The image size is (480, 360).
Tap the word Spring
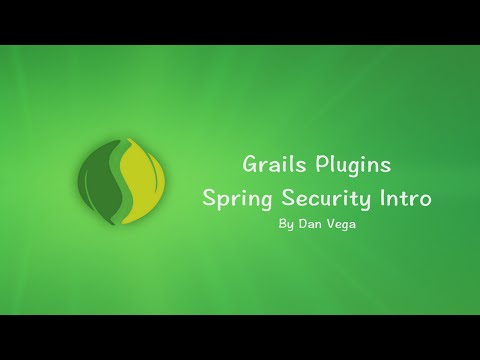[x=236, y=199]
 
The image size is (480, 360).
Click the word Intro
[x=406, y=198]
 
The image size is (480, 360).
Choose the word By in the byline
[x=286, y=224]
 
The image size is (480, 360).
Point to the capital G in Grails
[x=249, y=164]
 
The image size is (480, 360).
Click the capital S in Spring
[x=210, y=198]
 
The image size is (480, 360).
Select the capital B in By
[x=283, y=224]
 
